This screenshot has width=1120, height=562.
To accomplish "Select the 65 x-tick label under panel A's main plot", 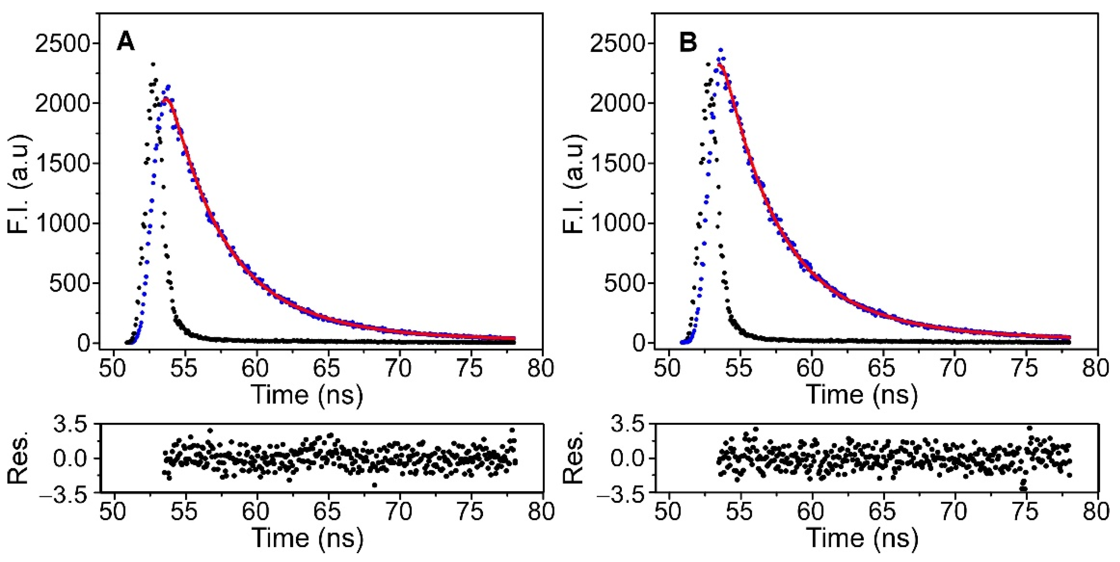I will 327,368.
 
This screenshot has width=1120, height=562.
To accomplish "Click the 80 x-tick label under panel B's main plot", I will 1096,368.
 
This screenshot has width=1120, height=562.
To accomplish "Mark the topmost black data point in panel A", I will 153,64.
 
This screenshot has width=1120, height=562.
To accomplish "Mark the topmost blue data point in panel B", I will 720,50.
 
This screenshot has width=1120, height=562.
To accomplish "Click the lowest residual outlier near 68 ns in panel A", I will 375,485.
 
